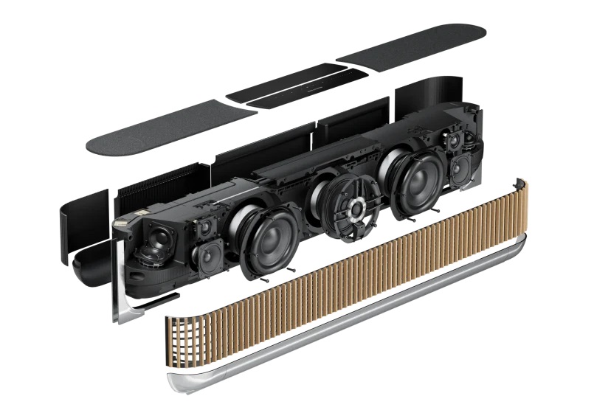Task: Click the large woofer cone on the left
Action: coord(266,238)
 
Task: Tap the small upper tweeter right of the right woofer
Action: coord(452,139)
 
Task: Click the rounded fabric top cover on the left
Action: coord(170,128)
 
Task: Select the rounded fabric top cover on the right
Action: coord(413,44)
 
